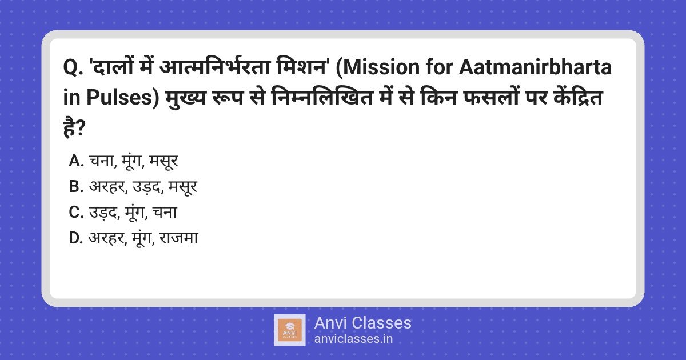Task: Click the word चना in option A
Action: point(102,162)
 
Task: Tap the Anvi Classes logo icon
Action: point(290,330)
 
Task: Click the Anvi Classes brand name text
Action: point(362,323)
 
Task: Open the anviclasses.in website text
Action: point(353,339)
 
